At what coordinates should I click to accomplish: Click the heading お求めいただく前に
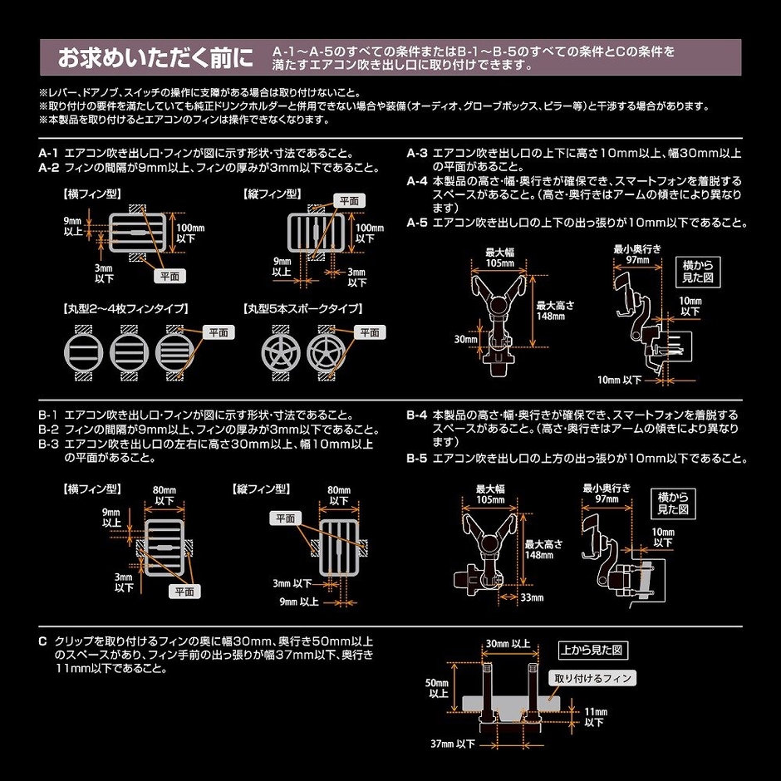pyautogui.click(x=154, y=60)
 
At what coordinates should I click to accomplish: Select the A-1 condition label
pyautogui.click(x=49, y=154)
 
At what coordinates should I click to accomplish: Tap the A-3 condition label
pyautogui.click(x=417, y=154)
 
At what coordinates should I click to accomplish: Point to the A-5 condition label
pyautogui.click(x=417, y=223)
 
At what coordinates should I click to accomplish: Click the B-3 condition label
pyautogui.click(x=49, y=443)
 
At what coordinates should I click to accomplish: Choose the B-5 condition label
pyautogui.click(x=417, y=458)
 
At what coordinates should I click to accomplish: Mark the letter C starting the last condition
pyautogui.click(x=42, y=642)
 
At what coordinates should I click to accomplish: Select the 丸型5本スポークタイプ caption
pyautogui.click(x=302, y=308)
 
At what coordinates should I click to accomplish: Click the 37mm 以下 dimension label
pyautogui.click(x=453, y=742)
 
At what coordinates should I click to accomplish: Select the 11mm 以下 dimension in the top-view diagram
pyautogui.click(x=594, y=717)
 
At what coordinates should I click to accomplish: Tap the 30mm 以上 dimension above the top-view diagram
pyautogui.click(x=508, y=643)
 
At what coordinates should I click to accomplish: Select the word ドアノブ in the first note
pyautogui.click(x=98, y=93)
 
